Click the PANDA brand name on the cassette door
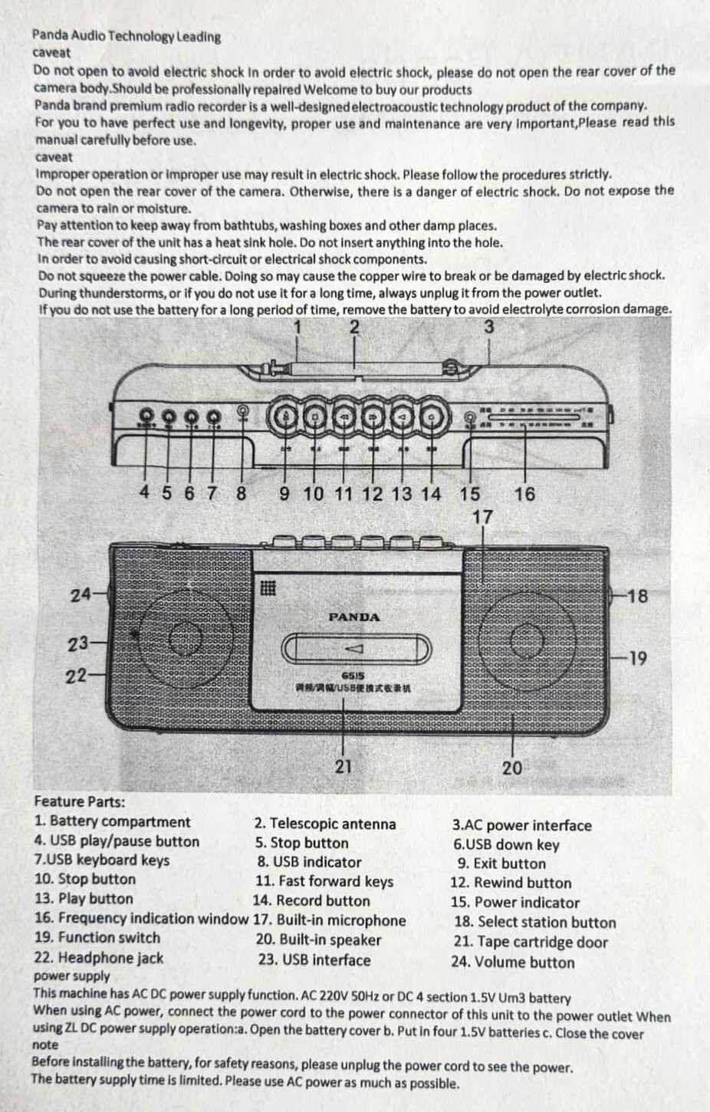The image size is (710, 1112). [x=353, y=617]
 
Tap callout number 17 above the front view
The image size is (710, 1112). [x=483, y=518]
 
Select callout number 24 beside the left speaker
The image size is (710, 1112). [x=81, y=594]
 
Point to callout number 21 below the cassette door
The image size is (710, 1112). [x=343, y=765]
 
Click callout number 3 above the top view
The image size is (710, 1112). [x=489, y=327]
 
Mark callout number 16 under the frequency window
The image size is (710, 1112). [x=524, y=494]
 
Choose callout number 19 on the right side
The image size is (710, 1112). [x=637, y=658]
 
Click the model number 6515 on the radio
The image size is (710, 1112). [x=353, y=676]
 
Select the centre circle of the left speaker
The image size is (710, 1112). [x=185, y=637]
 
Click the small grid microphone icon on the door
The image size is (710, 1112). [x=268, y=588]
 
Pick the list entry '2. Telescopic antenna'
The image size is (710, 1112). [x=325, y=824]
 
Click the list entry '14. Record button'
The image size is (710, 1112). [x=311, y=901]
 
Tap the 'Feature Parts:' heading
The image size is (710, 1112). [x=79, y=802]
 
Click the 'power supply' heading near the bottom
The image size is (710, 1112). [x=71, y=976]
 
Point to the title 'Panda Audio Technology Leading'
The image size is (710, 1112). [x=127, y=36]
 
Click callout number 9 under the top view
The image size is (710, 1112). [x=284, y=494]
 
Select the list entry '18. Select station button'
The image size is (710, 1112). [x=534, y=923]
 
